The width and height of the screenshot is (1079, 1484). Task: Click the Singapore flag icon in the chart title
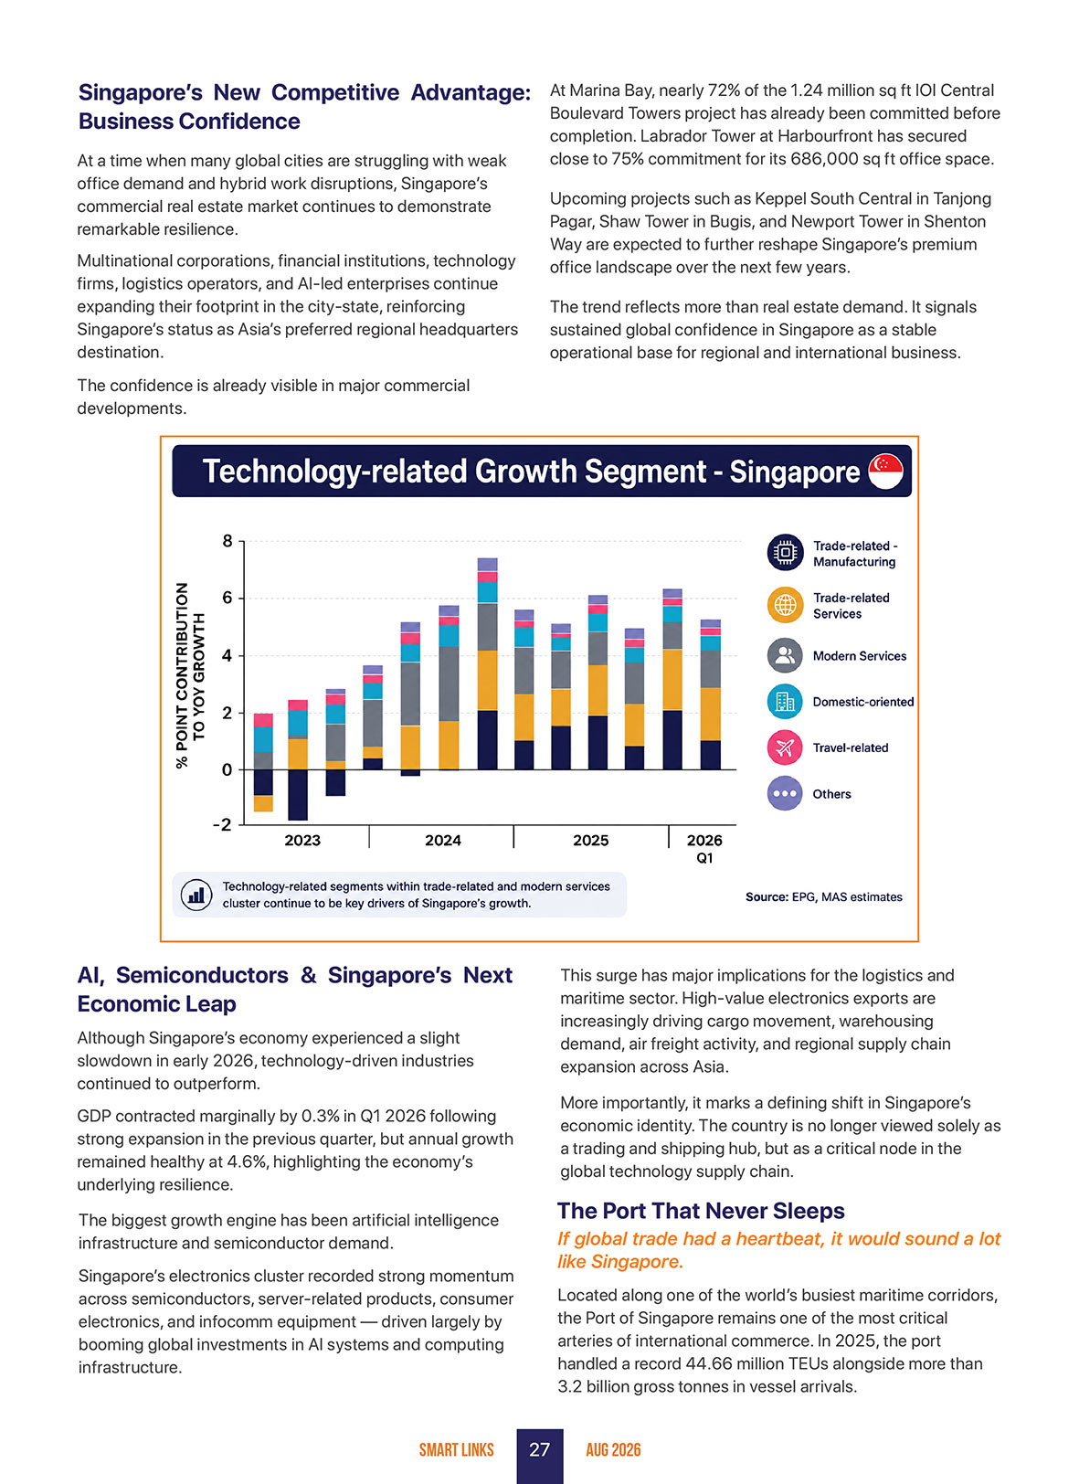click(x=885, y=471)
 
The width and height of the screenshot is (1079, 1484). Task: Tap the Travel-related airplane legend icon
click(x=785, y=747)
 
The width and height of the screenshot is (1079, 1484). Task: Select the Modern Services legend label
click(x=859, y=656)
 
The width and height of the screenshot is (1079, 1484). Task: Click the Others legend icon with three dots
click(x=785, y=793)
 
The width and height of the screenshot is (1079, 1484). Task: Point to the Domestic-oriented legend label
click(x=863, y=702)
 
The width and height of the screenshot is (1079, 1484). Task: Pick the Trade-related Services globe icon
click(x=785, y=605)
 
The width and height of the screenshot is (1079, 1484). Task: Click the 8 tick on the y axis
click(x=227, y=541)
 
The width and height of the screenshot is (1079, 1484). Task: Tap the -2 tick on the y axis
click(x=223, y=825)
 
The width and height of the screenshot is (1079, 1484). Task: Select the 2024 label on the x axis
click(x=442, y=840)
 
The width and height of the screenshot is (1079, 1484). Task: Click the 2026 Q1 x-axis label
click(x=704, y=849)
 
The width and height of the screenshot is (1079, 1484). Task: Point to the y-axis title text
click(x=189, y=675)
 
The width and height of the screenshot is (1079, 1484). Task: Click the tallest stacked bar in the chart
click(x=488, y=663)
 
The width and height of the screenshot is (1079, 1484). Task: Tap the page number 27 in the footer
click(x=539, y=1449)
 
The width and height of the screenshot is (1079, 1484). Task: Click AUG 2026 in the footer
click(x=613, y=1449)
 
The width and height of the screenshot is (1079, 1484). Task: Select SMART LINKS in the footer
click(x=457, y=1449)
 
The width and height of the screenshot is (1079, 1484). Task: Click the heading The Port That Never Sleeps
click(x=701, y=1211)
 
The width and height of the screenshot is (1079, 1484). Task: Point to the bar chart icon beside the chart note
click(x=196, y=895)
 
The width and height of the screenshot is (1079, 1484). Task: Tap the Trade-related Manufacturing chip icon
click(x=785, y=552)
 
